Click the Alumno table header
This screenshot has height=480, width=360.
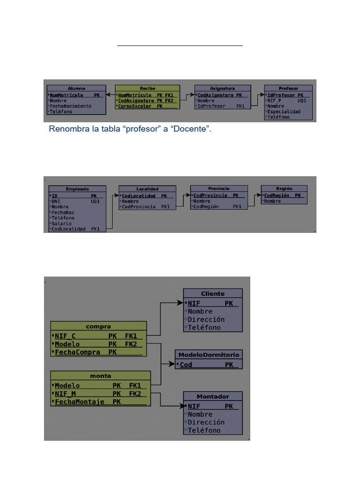[x=76, y=88]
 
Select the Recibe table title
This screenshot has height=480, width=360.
[x=147, y=88]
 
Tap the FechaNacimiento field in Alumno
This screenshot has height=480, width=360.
[x=71, y=106]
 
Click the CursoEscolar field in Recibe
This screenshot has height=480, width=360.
[x=135, y=106]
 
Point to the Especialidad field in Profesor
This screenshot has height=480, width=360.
[x=284, y=112]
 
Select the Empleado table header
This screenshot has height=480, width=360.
[x=78, y=189]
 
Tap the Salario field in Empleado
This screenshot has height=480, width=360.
[x=62, y=224]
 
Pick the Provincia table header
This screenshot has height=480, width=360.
[x=218, y=188]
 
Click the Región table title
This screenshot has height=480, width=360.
[x=284, y=188]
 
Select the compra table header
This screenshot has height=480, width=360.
[x=98, y=326]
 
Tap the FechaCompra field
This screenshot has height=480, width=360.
[x=75, y=352]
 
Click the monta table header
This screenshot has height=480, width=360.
[x=100, y=375]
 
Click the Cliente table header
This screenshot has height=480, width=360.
[x=213, y=293]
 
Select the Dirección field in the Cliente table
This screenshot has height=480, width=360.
[x=206, y=319]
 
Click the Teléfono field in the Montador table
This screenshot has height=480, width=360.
[x=204, y=430]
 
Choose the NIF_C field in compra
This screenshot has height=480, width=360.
[x=65, y=336]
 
